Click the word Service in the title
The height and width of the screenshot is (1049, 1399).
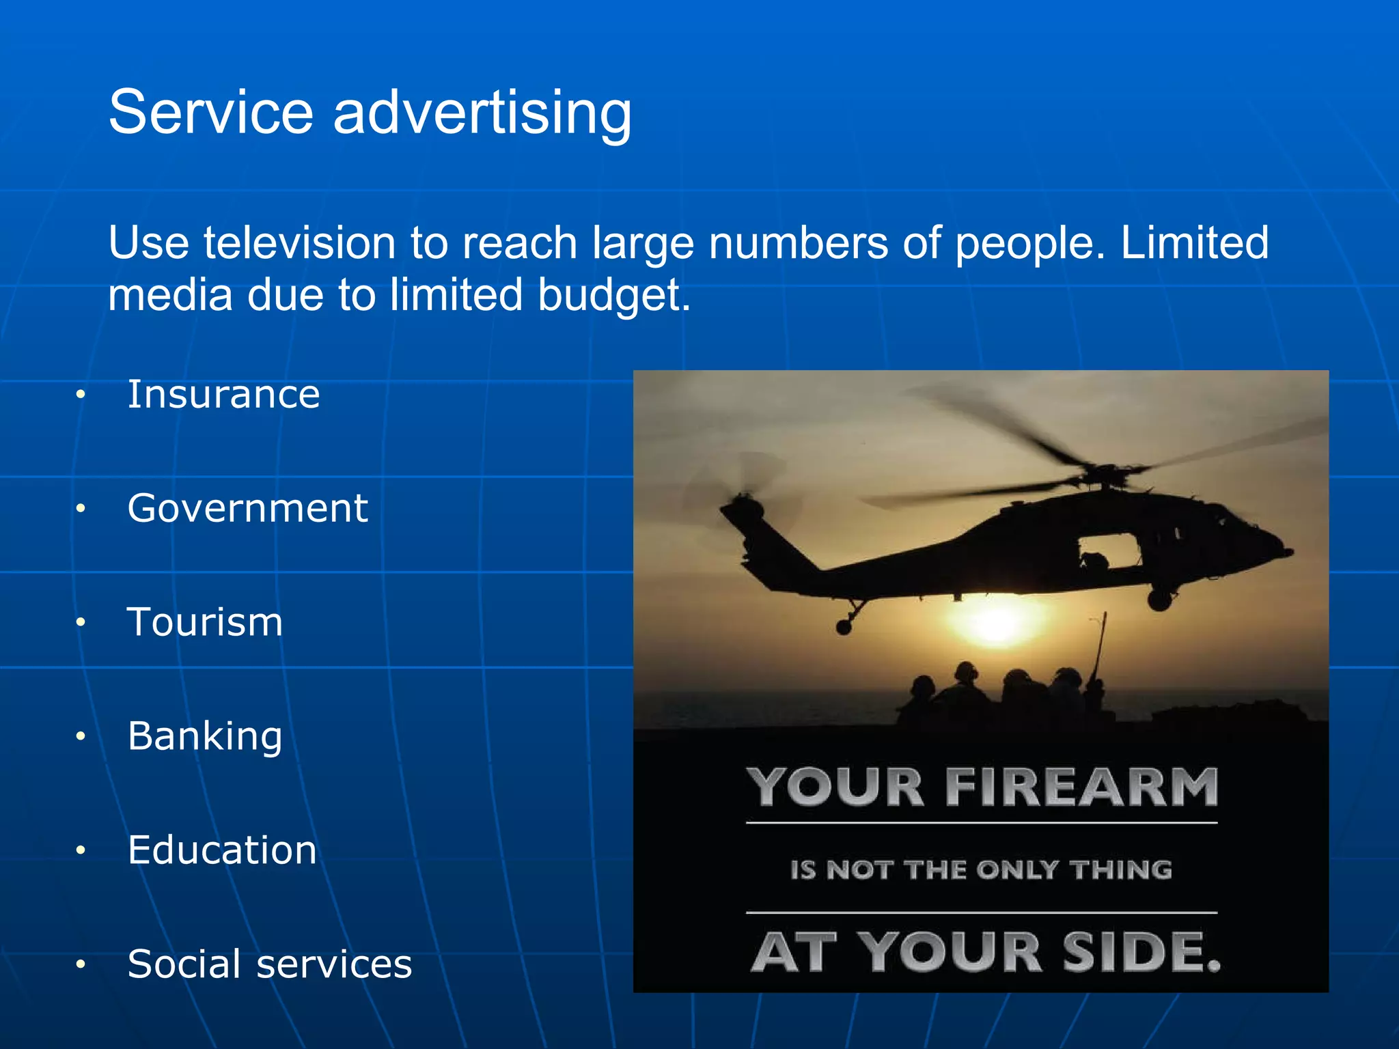point(210,112)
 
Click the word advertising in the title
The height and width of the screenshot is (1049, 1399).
point(482,113)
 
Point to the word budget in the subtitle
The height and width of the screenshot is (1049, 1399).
point(613,295)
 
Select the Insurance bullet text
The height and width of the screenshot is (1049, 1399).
point(223,395)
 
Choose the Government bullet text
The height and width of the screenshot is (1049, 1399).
point(247,508)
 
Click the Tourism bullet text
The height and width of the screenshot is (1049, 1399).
point(205,622)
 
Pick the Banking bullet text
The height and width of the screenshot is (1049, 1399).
point(205,736)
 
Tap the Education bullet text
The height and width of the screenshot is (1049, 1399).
point(222,850)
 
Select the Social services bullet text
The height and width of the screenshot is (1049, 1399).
point(270,964)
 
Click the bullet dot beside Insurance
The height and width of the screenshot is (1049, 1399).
point(81,395)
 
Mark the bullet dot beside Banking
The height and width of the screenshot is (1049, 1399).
point(81,736)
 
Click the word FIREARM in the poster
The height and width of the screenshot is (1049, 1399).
point(1081,787)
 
